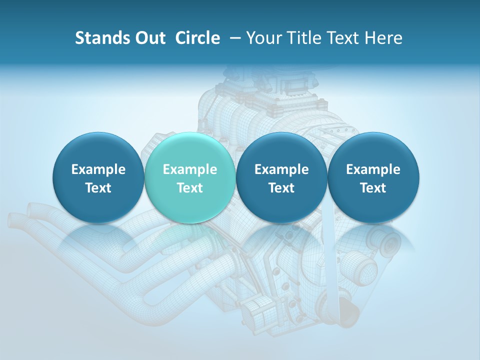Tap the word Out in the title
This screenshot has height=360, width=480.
pyautogui.click(x=148, y=38)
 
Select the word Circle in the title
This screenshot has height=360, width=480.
pyautogui.click(x=197, y=38)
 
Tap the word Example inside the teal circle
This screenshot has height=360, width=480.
pyautogui.click(x=190, y=169)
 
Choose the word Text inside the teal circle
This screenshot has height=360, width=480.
pyautogui.click(x=190, y=188)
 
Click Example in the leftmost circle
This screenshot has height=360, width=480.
pyautogui.click(x=98, y=169)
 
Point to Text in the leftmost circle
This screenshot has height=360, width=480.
pyautogui.click(x=98, y=188)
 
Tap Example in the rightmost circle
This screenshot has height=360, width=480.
pyautogui.click(x=373, y=169)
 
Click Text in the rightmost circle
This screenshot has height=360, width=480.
pyautogui.click(x=373, y=188)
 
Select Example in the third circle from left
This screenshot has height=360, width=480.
pyautogui.click(x=281, y=169)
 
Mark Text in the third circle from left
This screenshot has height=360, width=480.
pyautogui.click(x=281, y=188)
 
